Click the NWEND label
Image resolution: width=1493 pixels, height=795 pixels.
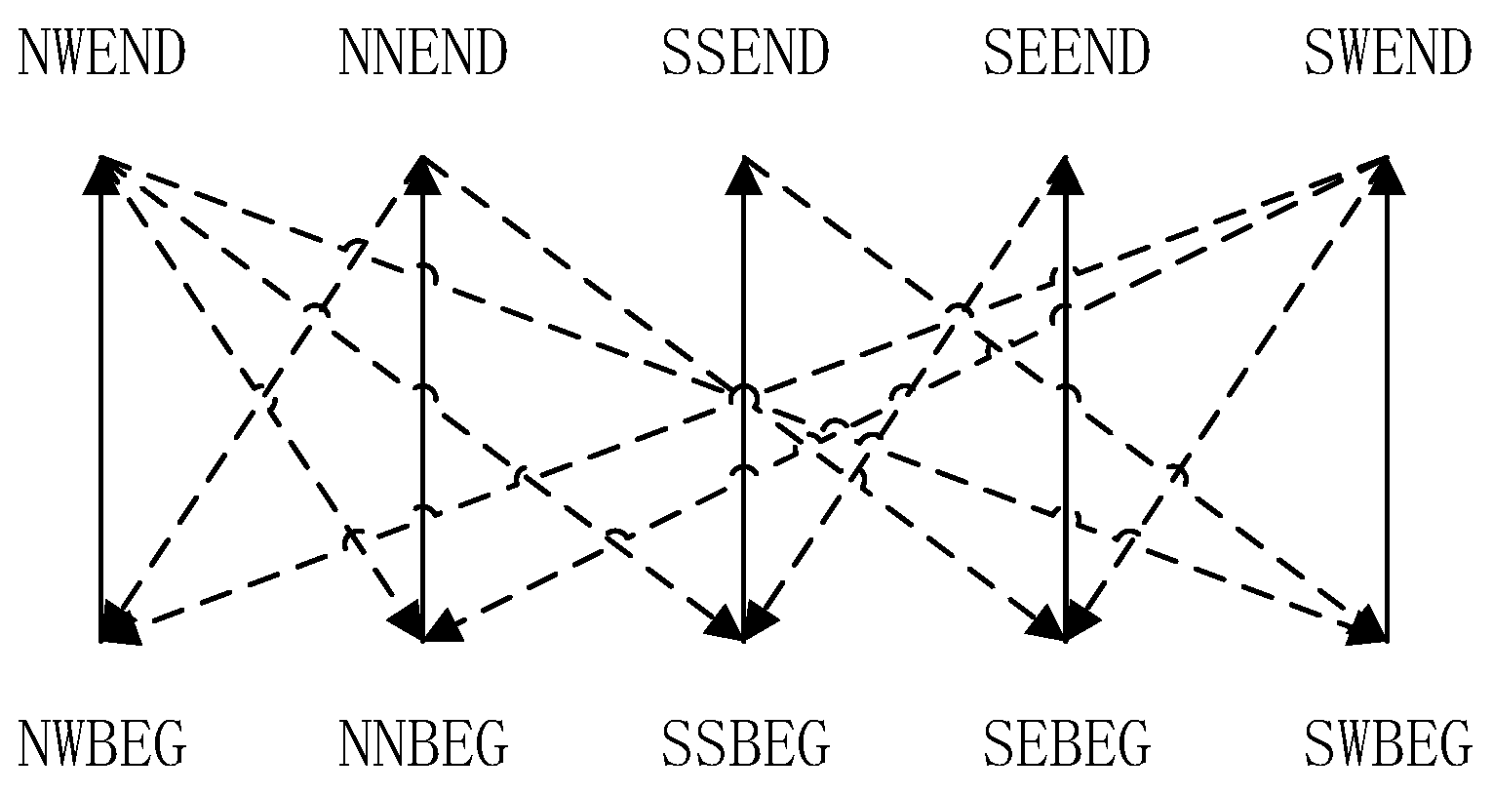[101, 54]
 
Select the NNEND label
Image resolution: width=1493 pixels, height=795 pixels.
[422, 54]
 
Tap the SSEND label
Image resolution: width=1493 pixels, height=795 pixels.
[744, 54]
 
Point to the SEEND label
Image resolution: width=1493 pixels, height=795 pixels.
[1066, 54]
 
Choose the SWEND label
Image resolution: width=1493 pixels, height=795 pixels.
[1387, 54]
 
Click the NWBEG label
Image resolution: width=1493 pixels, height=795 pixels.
[101, 744]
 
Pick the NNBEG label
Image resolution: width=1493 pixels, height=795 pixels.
[422, 744]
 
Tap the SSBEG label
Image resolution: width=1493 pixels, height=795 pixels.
[744, 744]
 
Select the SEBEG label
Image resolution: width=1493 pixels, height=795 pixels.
[1066, 744]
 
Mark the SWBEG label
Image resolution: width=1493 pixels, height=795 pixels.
[1387, 744]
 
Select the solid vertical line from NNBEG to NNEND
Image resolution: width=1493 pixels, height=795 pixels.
[422, 332]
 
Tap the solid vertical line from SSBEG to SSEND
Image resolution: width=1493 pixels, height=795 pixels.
[744, 293]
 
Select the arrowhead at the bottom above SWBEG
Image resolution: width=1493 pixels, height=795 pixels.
[1367, 624]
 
